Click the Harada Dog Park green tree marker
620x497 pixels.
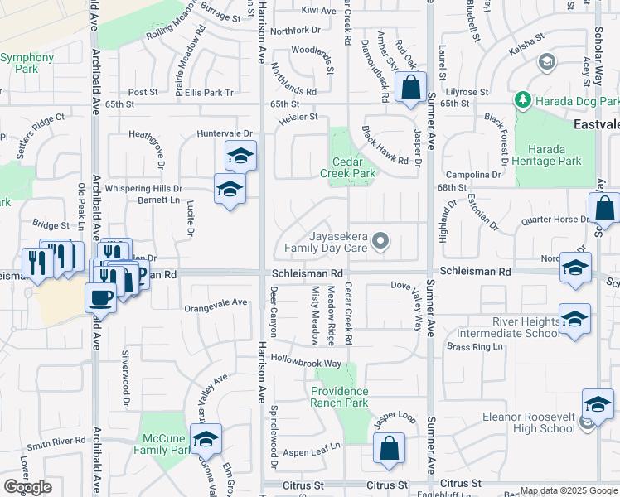point(522,100)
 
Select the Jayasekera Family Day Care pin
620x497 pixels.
point(380,241)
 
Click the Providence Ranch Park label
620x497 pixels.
point(340,397)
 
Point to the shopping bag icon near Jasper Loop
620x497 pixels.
point(389,449)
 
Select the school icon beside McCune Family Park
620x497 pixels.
point(206,438)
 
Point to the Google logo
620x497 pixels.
point(27,487)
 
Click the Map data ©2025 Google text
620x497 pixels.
point(569,490)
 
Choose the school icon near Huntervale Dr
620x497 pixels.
point(240,155)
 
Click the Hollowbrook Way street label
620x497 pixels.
point(306,363)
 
